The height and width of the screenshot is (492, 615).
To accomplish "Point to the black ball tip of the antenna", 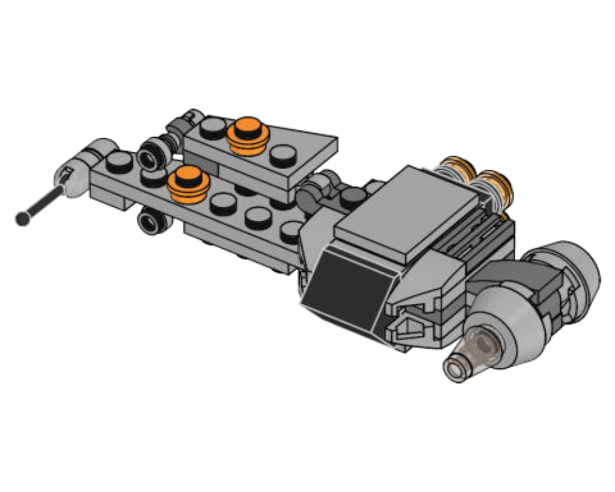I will (x=23, y=218).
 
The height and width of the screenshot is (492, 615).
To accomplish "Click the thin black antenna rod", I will (x=43, y=203).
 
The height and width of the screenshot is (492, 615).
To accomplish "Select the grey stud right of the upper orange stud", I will (x=283, y=155).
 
